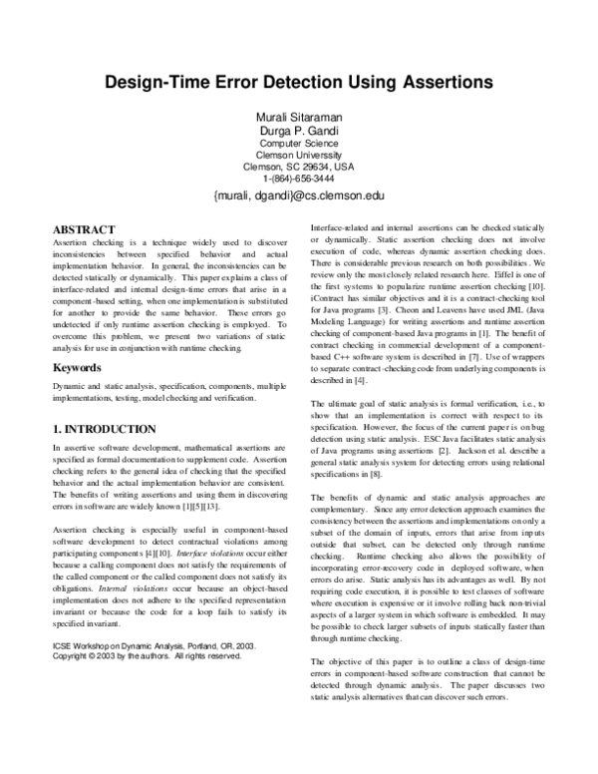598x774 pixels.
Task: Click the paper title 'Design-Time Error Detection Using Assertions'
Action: (299, 86)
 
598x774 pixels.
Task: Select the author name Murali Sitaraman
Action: (299, 118)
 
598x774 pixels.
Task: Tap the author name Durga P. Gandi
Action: (299, 131)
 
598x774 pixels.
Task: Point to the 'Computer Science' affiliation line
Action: (299, 143)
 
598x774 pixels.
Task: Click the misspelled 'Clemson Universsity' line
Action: (299, 155)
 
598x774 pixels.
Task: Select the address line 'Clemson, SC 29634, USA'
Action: (299, 167)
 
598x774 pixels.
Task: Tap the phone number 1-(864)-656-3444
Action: (299, 179)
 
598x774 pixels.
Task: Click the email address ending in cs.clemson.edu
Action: (299, 196)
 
